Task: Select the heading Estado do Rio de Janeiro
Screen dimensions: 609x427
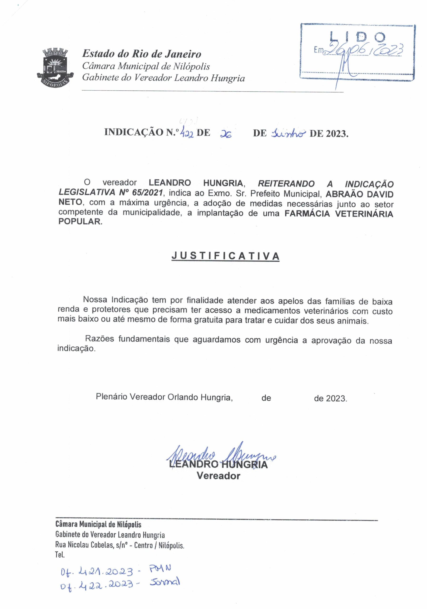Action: point(141,54)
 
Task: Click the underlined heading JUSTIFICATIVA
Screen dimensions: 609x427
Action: point(225,256)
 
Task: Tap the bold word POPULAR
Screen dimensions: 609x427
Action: point(79,221)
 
